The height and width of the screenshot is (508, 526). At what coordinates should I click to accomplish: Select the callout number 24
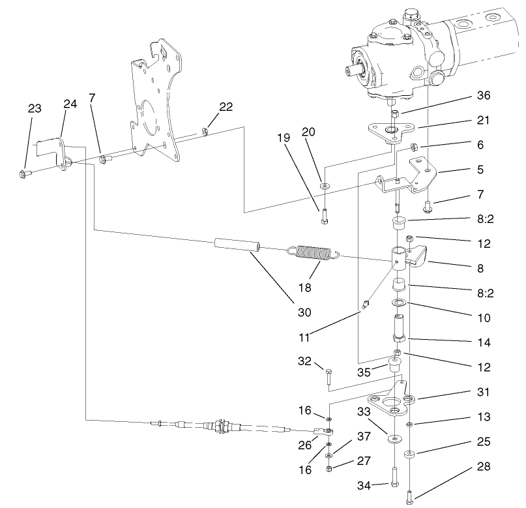point(70,104)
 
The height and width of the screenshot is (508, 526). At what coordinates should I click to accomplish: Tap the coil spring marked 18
point(315,253)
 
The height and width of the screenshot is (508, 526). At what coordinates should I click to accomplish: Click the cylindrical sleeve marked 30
point(237,246)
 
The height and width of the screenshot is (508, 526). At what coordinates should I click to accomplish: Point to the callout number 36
point(483,95)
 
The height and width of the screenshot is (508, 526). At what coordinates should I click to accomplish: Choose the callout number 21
point(483,121)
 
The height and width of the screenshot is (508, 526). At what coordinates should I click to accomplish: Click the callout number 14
point(483,342)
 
